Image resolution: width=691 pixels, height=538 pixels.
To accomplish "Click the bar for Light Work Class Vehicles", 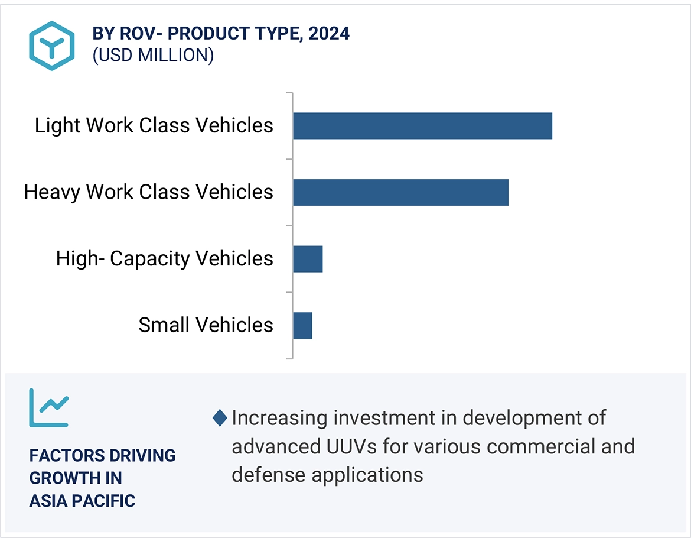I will click(422, 126).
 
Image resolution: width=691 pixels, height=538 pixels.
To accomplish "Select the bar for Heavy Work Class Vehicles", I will click(400, 192).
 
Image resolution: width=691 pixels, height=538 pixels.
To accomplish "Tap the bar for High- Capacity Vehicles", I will click(308, 259).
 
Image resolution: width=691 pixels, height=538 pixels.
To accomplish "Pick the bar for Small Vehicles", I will click(302, 325).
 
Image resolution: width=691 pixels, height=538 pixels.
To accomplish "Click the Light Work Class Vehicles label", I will click(154, 125).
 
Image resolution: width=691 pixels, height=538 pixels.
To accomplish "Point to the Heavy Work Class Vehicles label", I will click(148, 192).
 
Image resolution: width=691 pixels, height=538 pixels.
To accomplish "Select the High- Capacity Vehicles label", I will click(164, 259).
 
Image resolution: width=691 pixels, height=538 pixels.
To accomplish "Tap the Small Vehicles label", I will click(206, 325).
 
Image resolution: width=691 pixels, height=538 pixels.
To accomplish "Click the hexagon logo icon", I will click(52, 46).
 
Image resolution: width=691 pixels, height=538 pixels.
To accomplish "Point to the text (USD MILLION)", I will click(153, 55).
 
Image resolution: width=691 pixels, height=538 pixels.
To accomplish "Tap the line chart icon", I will click(49, 407).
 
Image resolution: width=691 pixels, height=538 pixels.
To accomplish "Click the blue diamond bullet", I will click(220, 419).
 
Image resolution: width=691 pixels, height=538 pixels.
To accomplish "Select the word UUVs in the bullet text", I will click(350, 446).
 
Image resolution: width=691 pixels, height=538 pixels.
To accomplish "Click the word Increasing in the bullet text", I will click(279, 418).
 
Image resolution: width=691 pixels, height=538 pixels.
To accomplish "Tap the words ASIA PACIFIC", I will click(82, 501).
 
